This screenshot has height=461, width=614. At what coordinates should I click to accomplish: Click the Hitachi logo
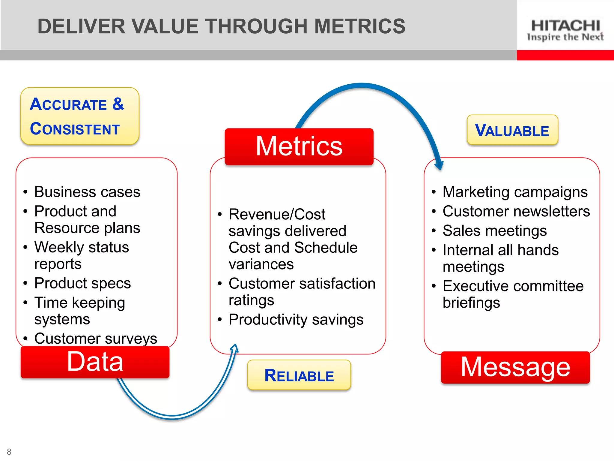pos(565,29)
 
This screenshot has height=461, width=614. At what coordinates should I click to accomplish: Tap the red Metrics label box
pos(299,146)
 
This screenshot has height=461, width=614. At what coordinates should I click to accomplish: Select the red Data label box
pos(95,362)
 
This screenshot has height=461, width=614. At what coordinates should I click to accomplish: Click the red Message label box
pos(515,367)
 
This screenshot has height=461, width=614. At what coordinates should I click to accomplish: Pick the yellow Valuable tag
pos(512,130)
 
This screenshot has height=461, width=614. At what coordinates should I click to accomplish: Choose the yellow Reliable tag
pos(299,375)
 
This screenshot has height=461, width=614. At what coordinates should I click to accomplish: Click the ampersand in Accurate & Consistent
pos(118,104)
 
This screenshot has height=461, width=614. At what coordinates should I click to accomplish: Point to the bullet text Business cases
pos(87,192)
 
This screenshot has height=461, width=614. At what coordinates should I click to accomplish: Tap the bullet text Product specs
pos(82,283)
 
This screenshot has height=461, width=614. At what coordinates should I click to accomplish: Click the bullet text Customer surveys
pos(95,339)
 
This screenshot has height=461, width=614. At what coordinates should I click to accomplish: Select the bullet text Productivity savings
pos(296,319)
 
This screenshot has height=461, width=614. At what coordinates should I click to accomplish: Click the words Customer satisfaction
pos(302,284)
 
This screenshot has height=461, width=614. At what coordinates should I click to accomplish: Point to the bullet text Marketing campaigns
pos(515,192)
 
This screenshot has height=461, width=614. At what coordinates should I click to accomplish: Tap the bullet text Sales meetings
pos(494,231)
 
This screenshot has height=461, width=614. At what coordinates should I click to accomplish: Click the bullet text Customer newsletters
pos(516,211)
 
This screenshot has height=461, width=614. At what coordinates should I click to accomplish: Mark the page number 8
pos(9,452)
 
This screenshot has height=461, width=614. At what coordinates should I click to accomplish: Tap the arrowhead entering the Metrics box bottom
pos(235,349)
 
